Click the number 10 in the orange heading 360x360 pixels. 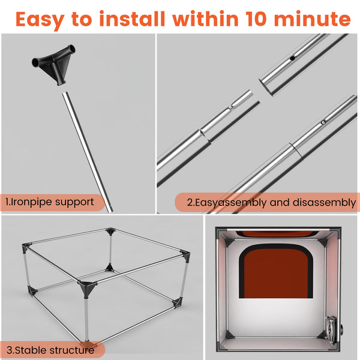pyautogui.click(x=256, y=19)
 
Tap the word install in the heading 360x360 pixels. pyautogui.click(x=132, y=19)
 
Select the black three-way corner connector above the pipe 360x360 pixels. pyautogui.click(x=54, y=64)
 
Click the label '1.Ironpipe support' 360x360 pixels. pyautogui.click(x=50, y=202)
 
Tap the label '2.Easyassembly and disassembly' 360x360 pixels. pyautogui.click(x=271, y=203)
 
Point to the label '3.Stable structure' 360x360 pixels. pyautogui.click(x=50, y=350)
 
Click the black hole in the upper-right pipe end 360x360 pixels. pyautogui.click(x=292, y=58)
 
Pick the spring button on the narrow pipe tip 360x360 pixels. pyautogui.click(x=231, y=107)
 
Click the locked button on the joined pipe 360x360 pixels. pyautogui.click(x=323, y=122)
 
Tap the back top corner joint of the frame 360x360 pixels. pyautogui.click(x=110, y=231)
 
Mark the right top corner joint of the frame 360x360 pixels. pyautogui.click(x=185, y=256)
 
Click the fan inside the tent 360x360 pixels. pyautogui.click(x=331, y=329)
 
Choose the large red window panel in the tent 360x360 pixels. pyautogui.click(x=276, y=274)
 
